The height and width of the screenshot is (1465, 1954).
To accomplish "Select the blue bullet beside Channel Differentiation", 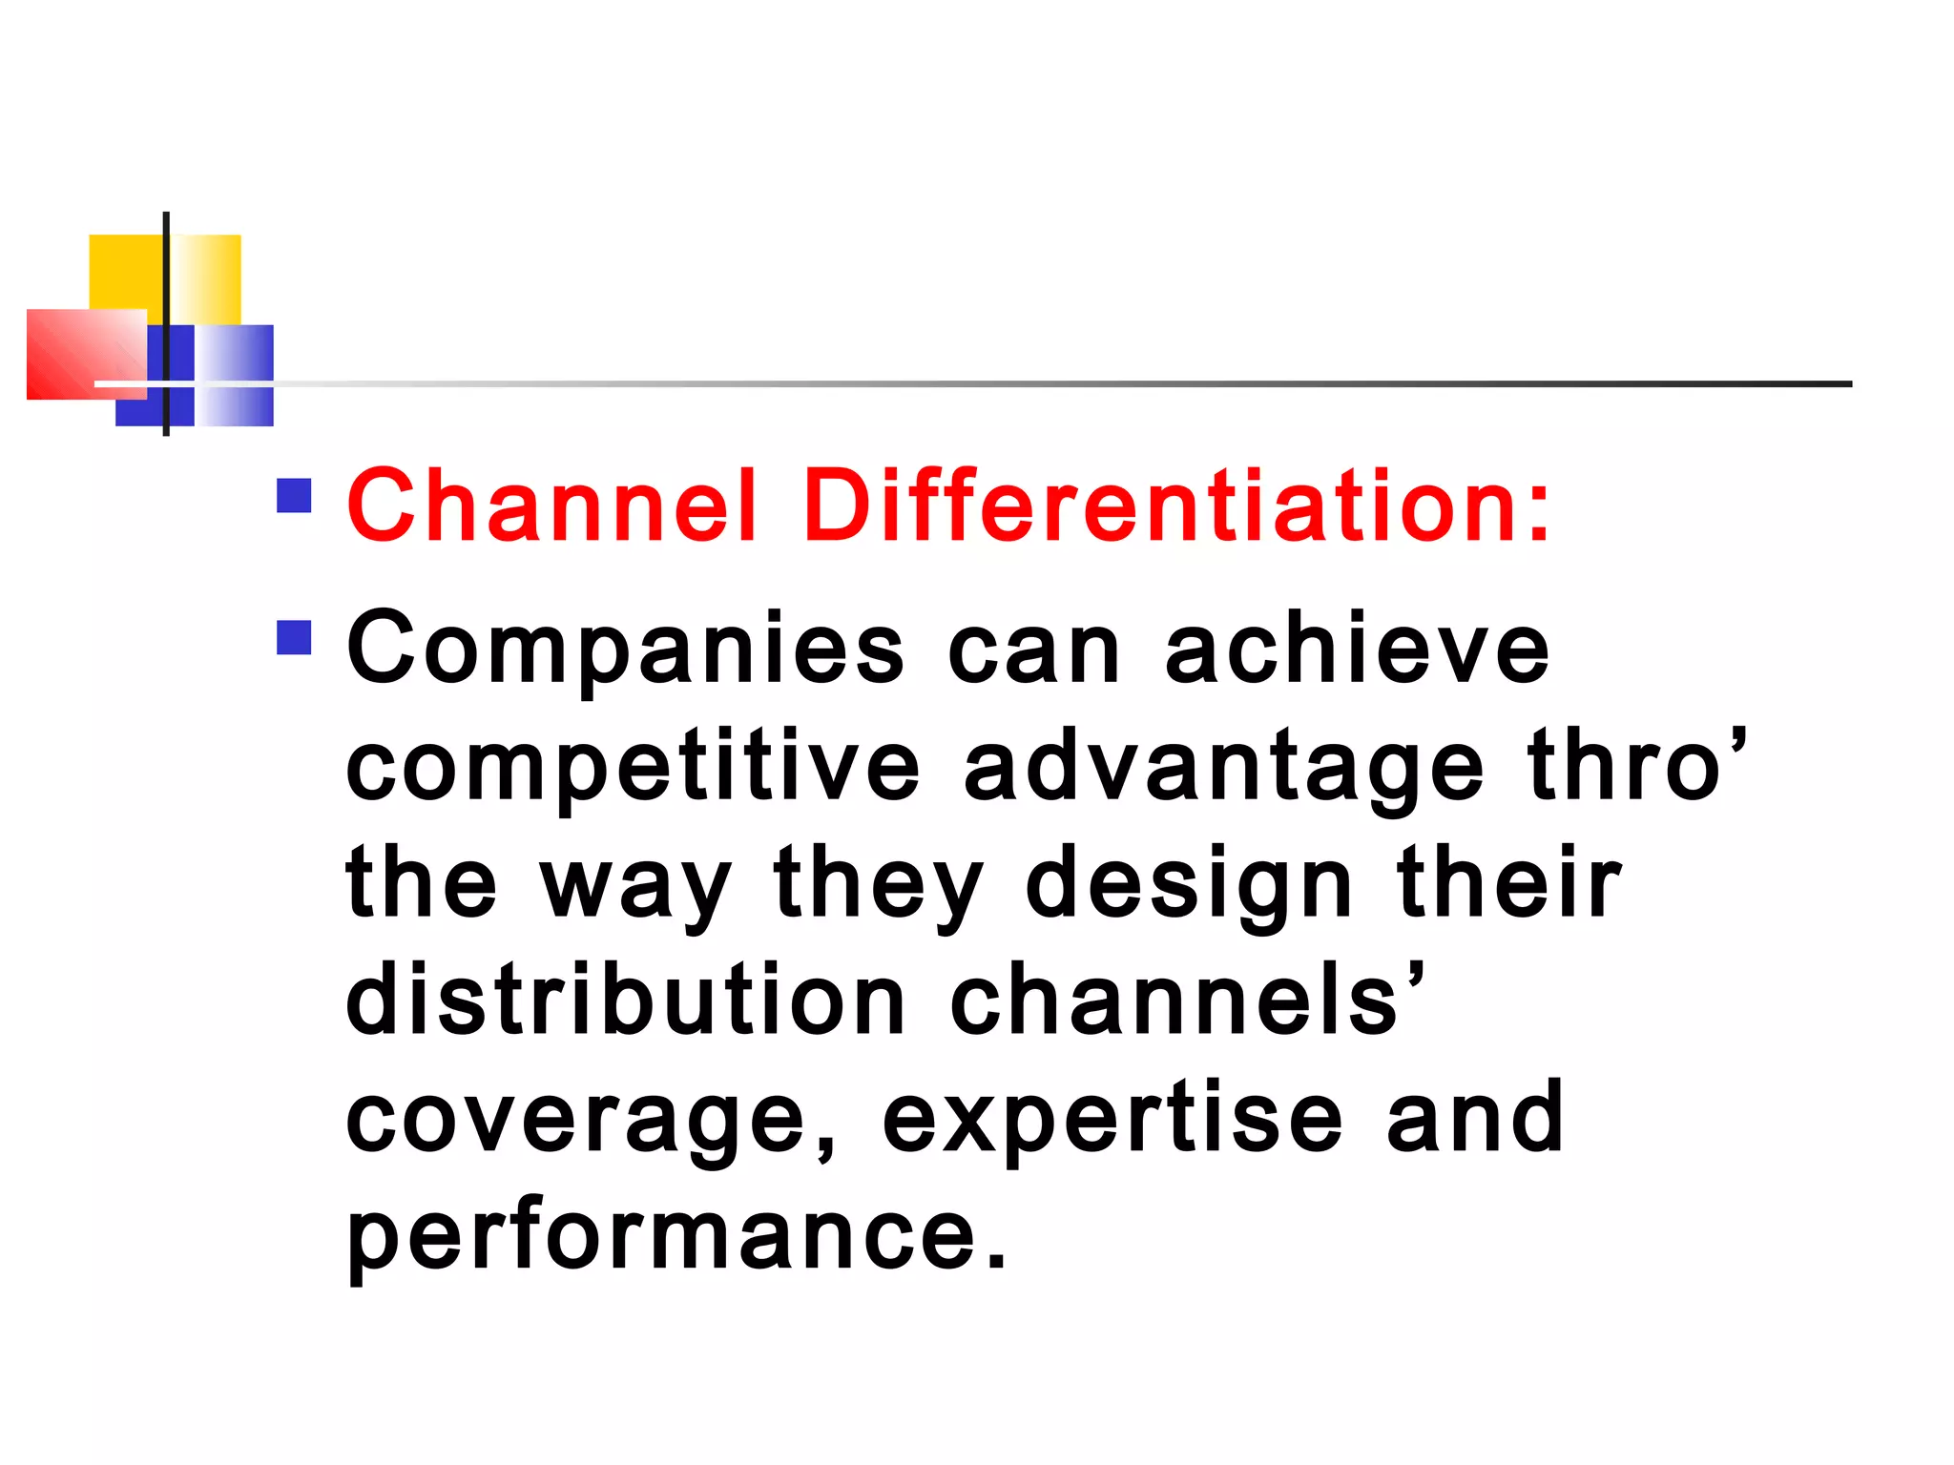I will (294, 496).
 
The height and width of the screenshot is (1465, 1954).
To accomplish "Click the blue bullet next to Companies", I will (294, 637).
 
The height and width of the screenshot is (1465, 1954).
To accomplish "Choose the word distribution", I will (625, 1000).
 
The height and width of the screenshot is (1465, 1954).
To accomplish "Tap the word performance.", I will (676, 1236).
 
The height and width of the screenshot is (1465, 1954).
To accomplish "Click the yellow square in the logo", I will (124, 269).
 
